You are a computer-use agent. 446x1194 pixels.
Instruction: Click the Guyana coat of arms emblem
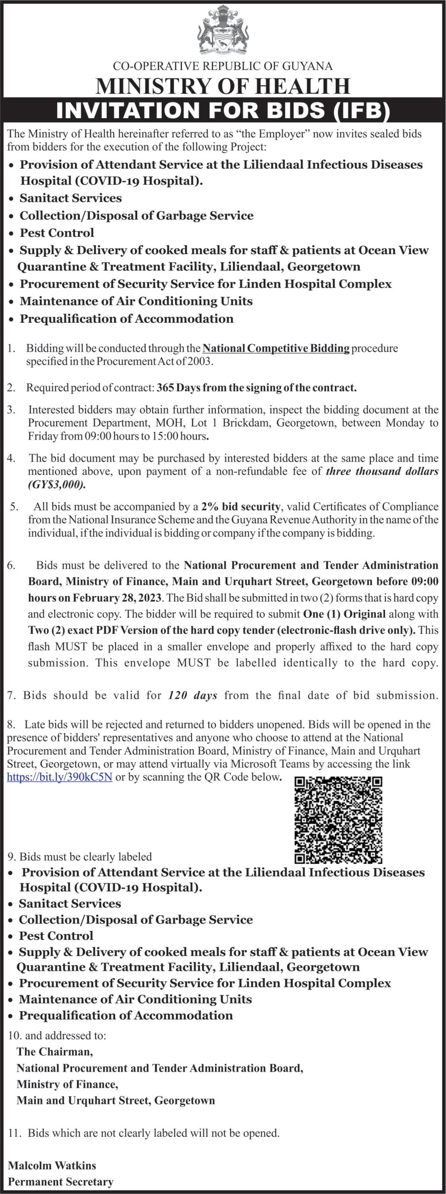pyautogui.click(x=223, y=31)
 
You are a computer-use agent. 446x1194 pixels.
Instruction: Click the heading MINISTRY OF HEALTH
pyautogui.click(x=223, y=86)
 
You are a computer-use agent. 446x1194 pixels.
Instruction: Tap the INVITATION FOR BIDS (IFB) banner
pyautogui.click(x=223, y=110)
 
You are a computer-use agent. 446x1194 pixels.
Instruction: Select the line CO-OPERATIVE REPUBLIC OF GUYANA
pyautogui.click(x=223, y=66)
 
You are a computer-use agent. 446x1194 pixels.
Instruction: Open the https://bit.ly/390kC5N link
pyautogui.click(x=60, y=777)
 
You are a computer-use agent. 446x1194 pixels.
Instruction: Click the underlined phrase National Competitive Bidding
pyautogui.click(x=276, y=348)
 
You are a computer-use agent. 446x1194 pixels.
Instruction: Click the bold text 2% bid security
pyautogui.click(x=241, y=507)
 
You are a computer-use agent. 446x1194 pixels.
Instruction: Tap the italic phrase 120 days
pyautogui.click(x=193, y=695)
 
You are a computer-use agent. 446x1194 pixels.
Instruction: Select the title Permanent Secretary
pyautogui.click(x=61, y=1182)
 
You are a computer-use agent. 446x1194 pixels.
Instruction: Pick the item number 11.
pyautogui.click(x=15, y=1133)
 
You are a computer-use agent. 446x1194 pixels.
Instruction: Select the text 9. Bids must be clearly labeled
pyautogui.click(x=80, y=857)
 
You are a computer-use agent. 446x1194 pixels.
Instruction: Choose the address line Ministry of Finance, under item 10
pyautogui.click(x=67, y=1084)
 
